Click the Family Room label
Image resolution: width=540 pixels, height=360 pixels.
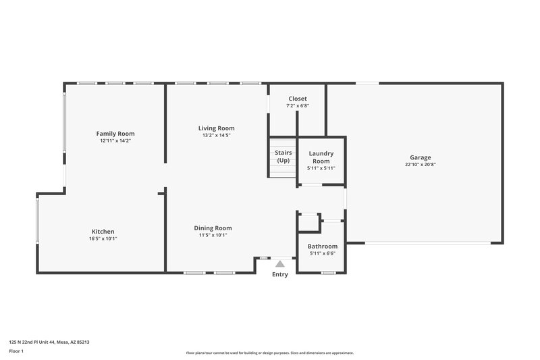[x=115, y=134]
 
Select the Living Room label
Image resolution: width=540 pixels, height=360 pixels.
[x=216, y=128]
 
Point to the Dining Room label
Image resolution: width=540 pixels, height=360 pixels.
[x=213, y=228]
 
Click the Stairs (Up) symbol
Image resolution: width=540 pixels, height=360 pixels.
[x=283, y=157]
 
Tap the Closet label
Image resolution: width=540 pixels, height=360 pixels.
[x=298, y=99]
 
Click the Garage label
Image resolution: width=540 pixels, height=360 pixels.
[x=420, y=157]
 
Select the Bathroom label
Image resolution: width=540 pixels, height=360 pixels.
[x=323, y=247]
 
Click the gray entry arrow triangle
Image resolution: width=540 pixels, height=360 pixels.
[x=279, y=264]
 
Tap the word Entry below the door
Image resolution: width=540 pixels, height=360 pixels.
[x=279, y=274]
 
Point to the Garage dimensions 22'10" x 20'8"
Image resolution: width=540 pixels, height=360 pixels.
[x=420, y=165]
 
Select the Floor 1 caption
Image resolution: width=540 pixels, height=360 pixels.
[x=16, y=351]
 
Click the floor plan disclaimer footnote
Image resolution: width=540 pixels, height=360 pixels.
[x=270, y=353]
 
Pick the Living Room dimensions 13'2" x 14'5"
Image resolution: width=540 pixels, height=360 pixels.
[x=216, y=135]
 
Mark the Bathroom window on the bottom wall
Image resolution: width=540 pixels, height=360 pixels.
[x=328, y=273]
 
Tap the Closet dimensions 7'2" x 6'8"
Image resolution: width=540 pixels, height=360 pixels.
[x=298, y=106]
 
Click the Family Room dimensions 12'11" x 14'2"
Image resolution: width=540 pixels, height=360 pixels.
[x=115, y=141]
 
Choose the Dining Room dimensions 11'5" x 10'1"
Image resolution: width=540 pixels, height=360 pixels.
[x=213, y=236]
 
